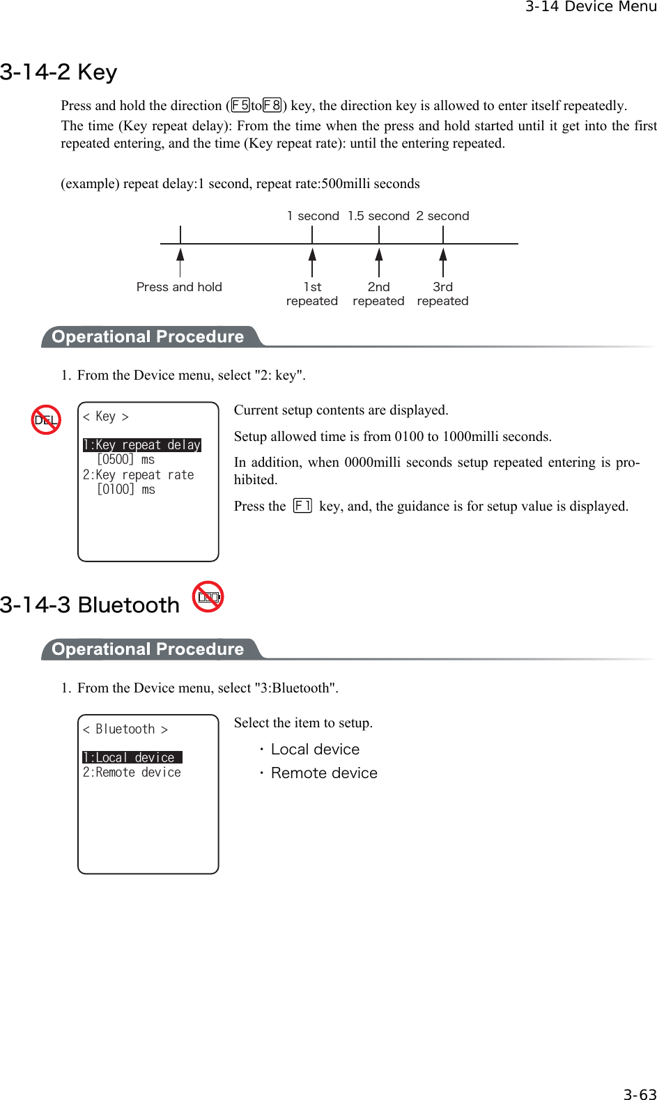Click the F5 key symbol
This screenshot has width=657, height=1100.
tap(240, 105)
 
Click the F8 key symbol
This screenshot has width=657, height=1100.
tap(272, 105)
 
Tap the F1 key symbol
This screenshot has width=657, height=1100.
tap(302, 506)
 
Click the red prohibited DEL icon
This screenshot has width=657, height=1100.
tap(47, 419)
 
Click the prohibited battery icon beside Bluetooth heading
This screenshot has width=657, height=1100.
tap(208, 597)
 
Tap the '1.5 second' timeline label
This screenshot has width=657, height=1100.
tap(378, 216)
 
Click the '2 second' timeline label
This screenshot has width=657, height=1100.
tap(442, 216)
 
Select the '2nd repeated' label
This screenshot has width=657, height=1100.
tap(378, 294)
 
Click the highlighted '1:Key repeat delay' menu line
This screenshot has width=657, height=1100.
tap(142, 445)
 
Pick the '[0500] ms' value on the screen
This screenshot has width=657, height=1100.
tap(126, 460)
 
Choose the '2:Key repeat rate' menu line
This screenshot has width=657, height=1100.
tap(139, 475)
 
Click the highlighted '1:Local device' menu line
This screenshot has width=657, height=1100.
tap(132, 757)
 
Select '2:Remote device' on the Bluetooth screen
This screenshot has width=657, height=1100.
tap(132, 773)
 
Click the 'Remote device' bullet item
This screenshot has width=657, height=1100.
tap(324, 773)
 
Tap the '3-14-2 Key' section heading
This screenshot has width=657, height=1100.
tap(59, 72)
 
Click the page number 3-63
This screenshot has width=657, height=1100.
tap(640, 1094)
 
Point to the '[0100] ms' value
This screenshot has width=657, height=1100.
tap(126, 490)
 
